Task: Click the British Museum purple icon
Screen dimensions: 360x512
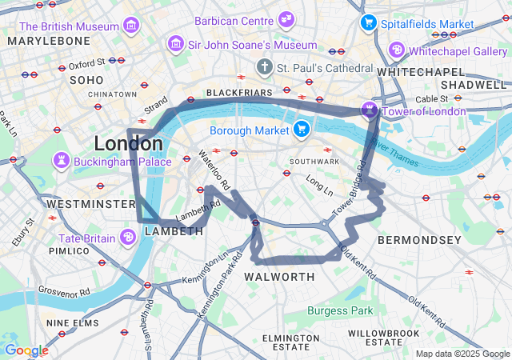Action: coord(130,27)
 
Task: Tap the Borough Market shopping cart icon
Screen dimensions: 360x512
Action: coord(301,129)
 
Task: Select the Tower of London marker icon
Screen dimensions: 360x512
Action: coord(370,110)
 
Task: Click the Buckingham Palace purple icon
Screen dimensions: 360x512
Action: coord(62,162)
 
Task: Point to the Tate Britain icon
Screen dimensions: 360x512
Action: coord(128,238)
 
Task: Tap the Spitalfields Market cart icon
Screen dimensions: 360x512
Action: coord(368,23)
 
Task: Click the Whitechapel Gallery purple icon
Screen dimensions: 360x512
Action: coord(396,50)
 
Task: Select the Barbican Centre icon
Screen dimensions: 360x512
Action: coord(286,20)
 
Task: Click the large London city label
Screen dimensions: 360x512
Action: coord(128,144)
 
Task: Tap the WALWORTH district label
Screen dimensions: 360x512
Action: coord(279,277)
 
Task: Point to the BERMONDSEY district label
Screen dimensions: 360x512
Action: coord(419,240)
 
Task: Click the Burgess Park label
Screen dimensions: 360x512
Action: coord(340,310)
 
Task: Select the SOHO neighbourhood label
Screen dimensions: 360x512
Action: coord(87,80)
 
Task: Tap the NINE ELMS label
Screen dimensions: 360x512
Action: coord(72,323)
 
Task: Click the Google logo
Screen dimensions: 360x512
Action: coord(26,350)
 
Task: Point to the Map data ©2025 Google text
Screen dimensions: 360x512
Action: coord(462,354)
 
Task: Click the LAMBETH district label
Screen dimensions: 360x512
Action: coord(174,231)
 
